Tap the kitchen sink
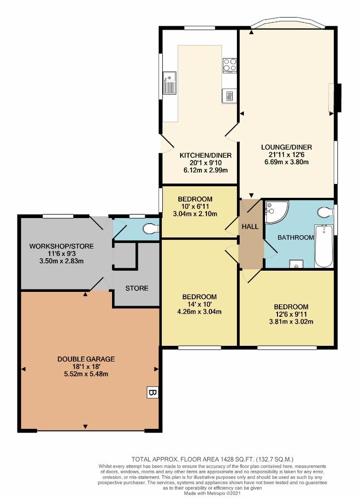point(168,84)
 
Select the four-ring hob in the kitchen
point(230,65)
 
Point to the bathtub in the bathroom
point(324,246)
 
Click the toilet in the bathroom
point(325,212)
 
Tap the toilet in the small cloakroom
point(151,228)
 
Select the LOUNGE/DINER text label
point(286,147)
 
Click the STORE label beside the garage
point(137,288)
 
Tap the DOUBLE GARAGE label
point(86,359)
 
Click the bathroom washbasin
point(295,263)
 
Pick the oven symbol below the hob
point(229,96)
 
